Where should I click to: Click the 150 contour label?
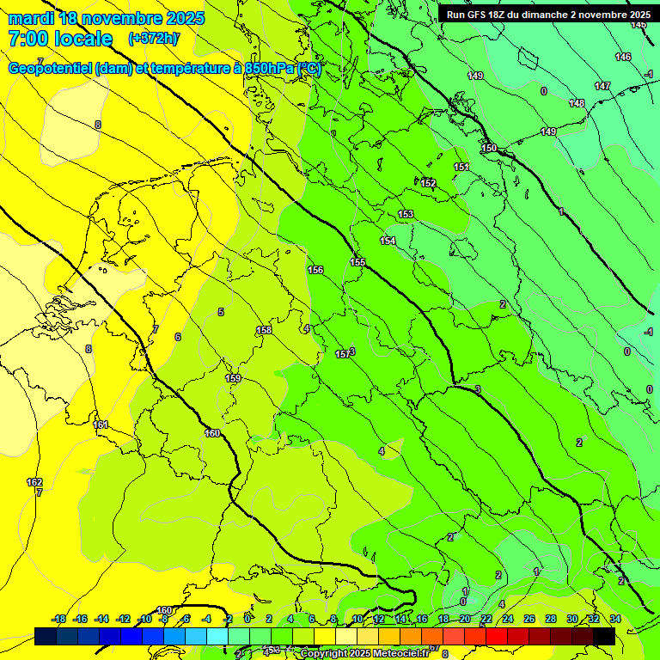(489, 149)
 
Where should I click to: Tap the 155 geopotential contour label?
(357, 262)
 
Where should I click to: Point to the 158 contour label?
(264, 330)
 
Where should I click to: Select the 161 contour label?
(101, 425)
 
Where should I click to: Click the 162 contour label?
(34, 482)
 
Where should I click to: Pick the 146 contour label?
(623, 58)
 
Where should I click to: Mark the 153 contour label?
(406, 214)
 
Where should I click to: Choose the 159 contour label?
(233, 378)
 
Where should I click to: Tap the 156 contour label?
(315, 270)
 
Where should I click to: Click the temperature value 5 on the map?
(221, 312)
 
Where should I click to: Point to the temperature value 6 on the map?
(178, 337)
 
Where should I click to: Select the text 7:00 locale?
(60, 39)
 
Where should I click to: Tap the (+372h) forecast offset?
(154, 39)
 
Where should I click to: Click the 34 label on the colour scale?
(614, 619)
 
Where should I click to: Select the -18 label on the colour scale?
(59, 619)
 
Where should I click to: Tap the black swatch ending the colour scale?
(603, 636)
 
